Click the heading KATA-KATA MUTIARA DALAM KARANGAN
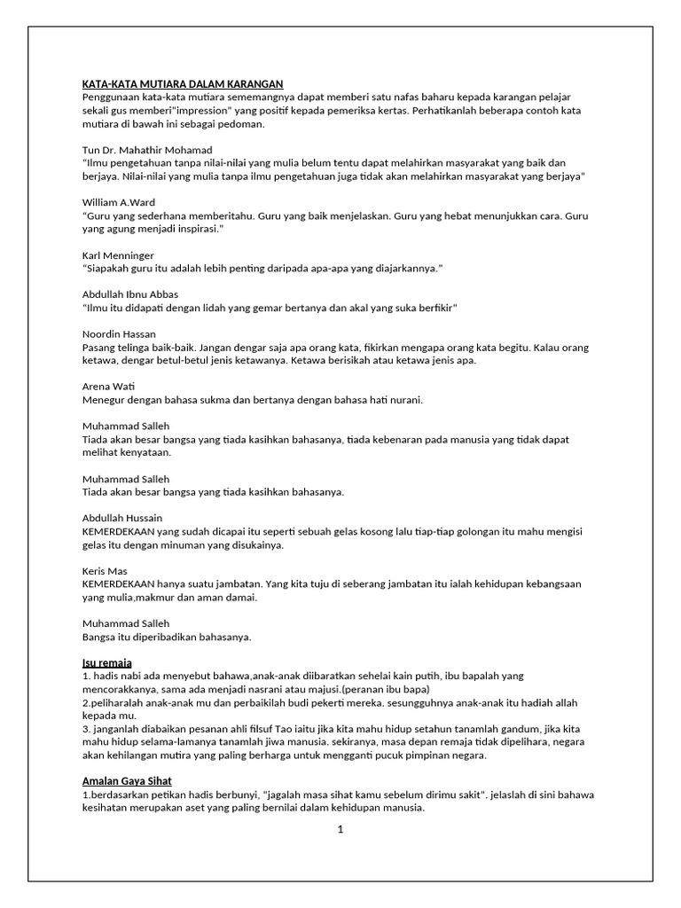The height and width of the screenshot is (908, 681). click(x=189, y=84)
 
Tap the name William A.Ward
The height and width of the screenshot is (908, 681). click(x=118, y=202)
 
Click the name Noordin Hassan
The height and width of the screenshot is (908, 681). click(x=119, y=334)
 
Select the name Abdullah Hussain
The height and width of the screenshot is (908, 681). click(x=122, y=518)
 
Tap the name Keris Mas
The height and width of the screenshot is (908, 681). click(x=106, y=571)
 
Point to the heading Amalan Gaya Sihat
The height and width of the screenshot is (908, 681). click(x=127, y=781)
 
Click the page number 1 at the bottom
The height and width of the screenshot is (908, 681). click(x=340, y=830)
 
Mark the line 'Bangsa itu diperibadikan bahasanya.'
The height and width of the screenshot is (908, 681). click(x=167, y=637)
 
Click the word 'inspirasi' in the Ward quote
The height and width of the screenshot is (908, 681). click(x=192, y=229)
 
